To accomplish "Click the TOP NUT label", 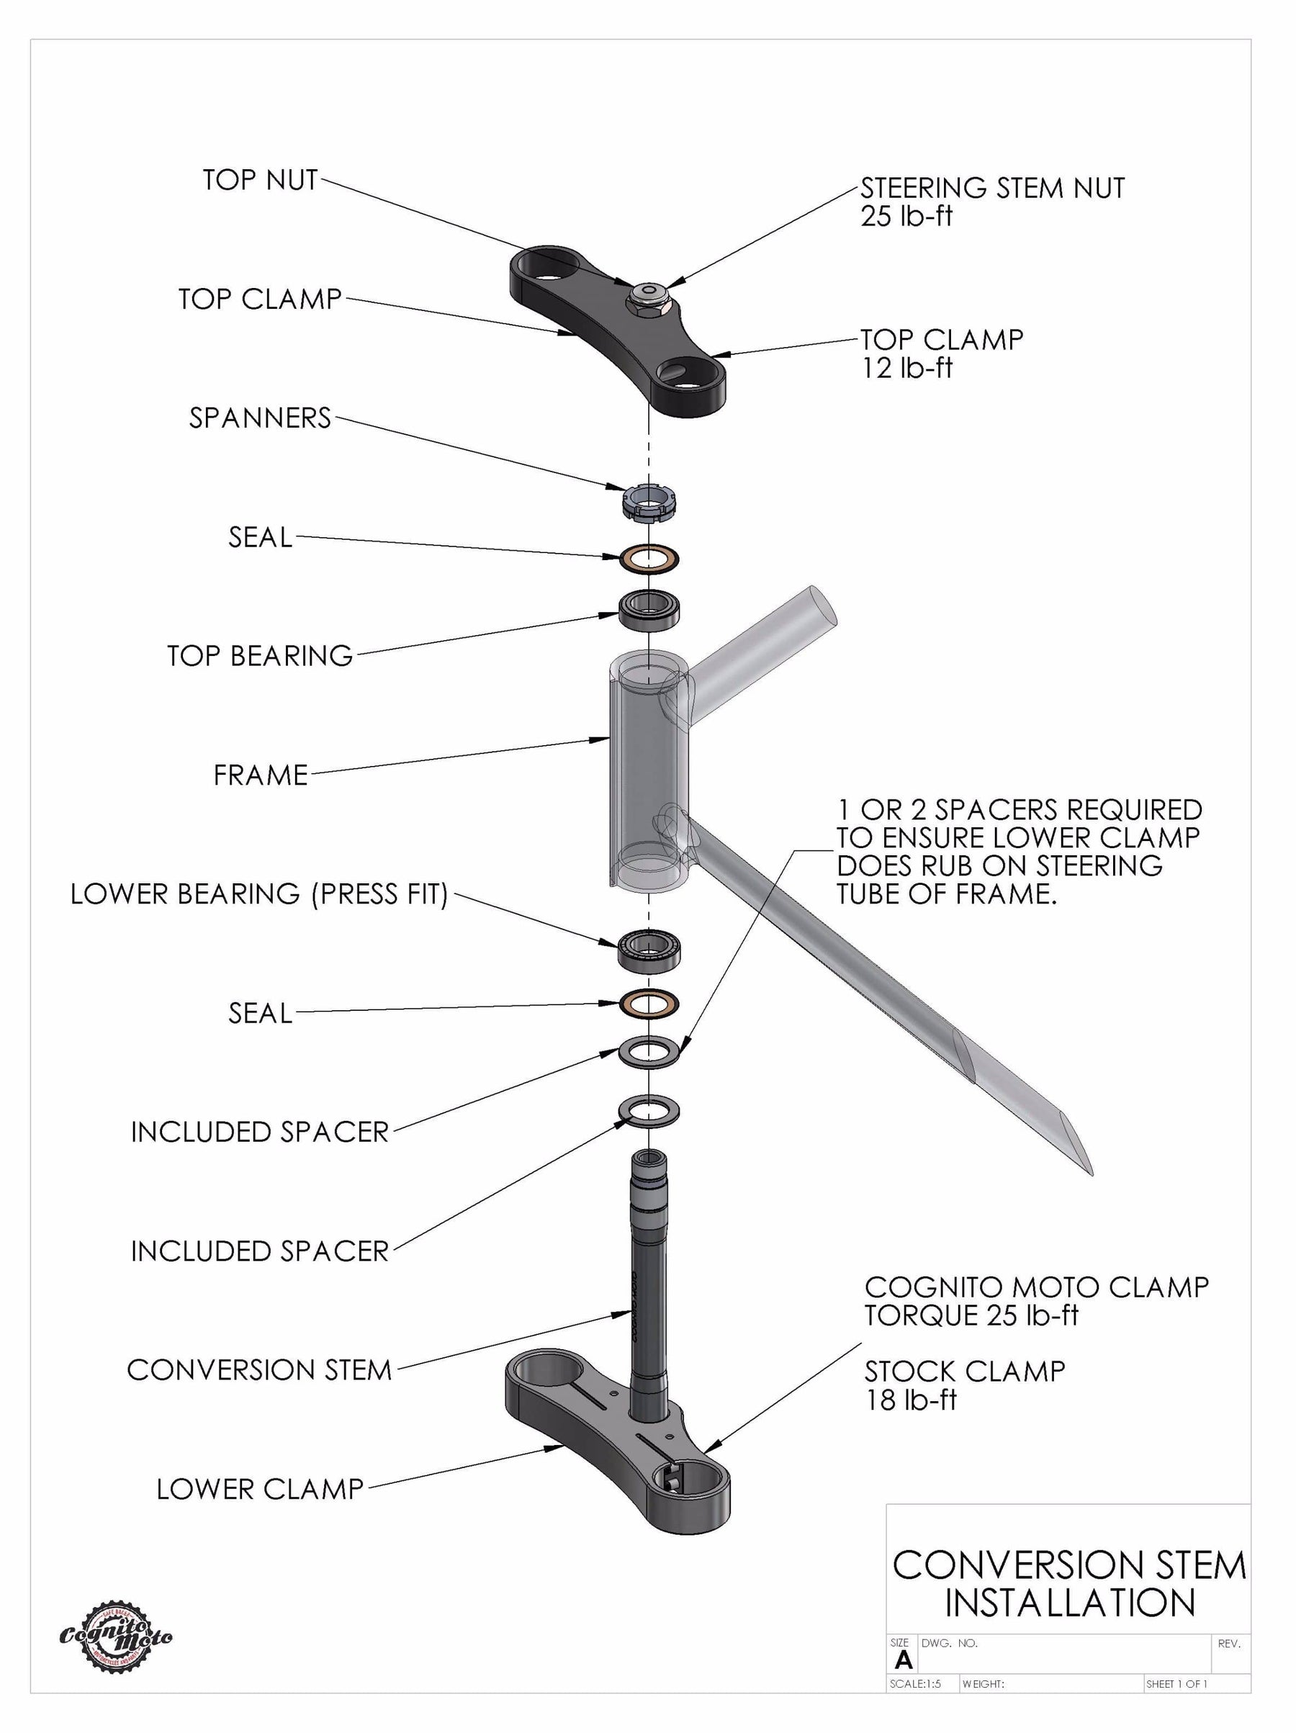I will (259, 180).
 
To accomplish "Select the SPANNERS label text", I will (259, 418).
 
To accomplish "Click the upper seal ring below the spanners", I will (649, 559).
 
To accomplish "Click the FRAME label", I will (260, 775).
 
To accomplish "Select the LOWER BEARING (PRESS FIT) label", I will (258, 894).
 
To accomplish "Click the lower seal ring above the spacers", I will (649, 1004).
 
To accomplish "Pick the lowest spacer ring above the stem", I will (649, 1111).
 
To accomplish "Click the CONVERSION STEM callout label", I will (258, 1370).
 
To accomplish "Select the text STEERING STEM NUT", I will (992, 188).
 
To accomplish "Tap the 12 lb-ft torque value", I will (906, 368).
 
